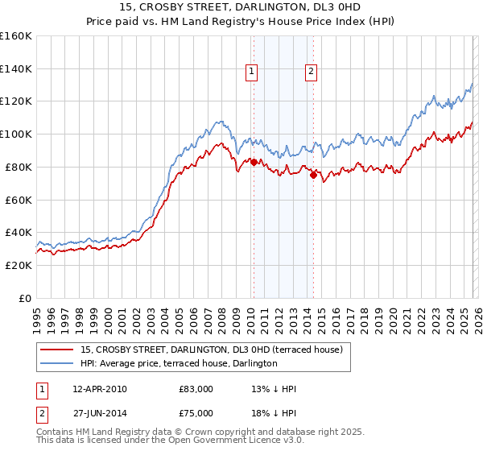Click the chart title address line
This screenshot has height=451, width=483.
coord(242,7)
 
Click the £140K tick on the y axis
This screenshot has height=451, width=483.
coord(16,68)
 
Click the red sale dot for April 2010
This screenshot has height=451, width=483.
coord(254,162)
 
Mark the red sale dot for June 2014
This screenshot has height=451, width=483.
coord(313,175)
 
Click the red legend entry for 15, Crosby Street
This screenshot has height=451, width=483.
coord(212,350)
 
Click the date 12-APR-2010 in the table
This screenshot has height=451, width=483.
coord(100,389)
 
